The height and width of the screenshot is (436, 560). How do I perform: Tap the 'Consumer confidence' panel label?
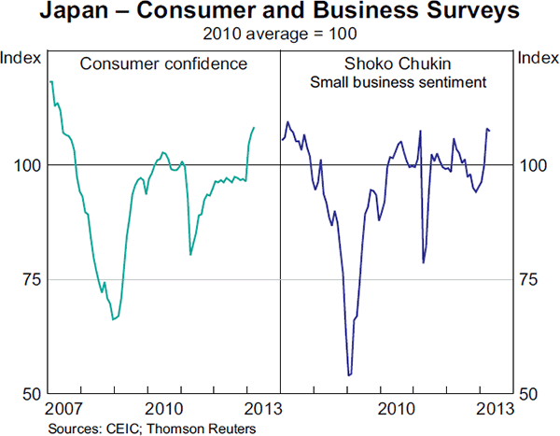(x=163, y=64)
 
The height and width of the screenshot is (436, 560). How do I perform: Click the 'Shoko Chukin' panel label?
(x=399, y=64)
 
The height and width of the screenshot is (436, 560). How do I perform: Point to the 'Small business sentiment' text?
(x=399, y=82)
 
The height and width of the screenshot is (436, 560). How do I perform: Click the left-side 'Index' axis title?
(x=21, y=58)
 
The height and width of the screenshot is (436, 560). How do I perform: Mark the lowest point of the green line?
(x=113, y=319)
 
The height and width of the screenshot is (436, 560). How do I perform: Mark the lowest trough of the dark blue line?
(x=348, y=375)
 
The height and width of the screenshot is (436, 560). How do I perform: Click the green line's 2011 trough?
(x=190, y=254)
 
